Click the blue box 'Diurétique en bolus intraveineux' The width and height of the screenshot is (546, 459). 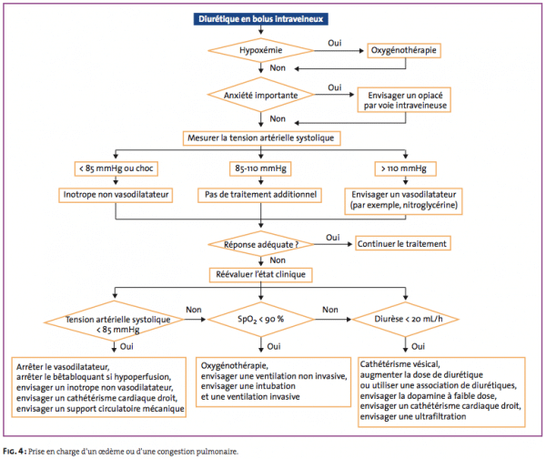point(261,19)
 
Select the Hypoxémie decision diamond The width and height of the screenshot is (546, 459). point(261,50)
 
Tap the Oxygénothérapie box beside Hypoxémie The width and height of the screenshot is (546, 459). point(404,50)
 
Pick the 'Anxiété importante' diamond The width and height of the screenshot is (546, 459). point(261,95)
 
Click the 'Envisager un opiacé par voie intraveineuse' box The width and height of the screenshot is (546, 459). point(404,100)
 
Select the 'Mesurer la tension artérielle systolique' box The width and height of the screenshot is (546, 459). point(261,138)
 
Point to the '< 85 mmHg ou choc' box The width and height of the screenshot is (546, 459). point(116,168)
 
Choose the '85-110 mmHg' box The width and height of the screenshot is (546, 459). point(260,168)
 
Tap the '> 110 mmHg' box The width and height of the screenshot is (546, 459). point(405,168)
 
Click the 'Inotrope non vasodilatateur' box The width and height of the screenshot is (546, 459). point(116,195)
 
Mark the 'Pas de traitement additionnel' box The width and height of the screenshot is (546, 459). point(260,195)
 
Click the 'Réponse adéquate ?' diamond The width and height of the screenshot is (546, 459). point(261,244)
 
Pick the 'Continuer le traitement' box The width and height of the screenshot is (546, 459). point(402,243)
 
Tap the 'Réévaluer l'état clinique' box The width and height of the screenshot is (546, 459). point(261,275)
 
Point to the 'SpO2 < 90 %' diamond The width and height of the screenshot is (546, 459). point(261,319)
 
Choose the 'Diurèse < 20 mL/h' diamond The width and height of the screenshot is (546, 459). point(406,319)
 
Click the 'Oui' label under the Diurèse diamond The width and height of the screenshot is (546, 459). point(418,346)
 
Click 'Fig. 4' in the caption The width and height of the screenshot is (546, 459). point(15,452)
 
